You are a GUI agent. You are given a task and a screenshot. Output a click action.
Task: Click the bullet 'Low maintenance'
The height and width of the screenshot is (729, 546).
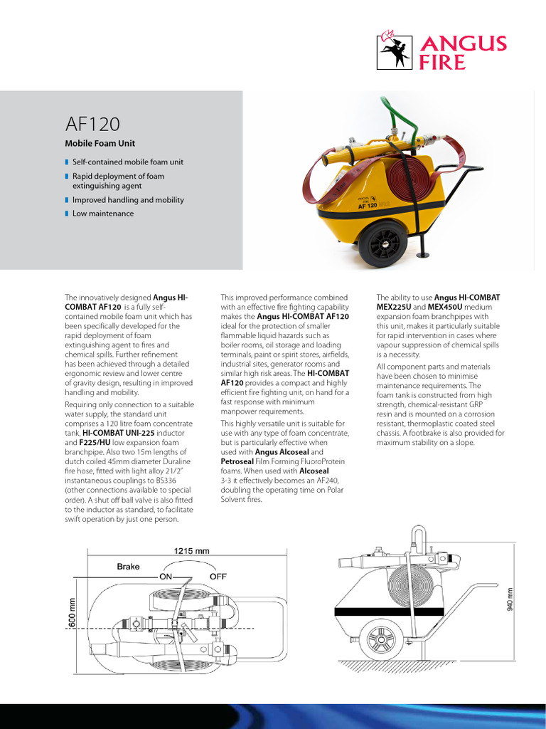pyautogui.click(x=102, y=214)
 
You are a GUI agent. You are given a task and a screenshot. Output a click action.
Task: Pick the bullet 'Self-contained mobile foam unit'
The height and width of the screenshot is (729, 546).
pyautogui.click(x=127, y=162)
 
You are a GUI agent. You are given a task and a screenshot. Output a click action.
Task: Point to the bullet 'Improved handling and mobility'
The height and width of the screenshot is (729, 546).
pyautogui.click(x=127, y=200)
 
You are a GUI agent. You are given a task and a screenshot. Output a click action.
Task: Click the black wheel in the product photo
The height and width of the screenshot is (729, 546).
pyautogui.click(x=382, y=243)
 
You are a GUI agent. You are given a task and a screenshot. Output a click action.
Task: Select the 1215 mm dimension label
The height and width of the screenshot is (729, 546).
pyautogui.click(x=191, y=550)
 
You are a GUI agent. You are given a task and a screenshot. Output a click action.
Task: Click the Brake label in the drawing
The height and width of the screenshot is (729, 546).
pyautogui.click(x=129, y=567)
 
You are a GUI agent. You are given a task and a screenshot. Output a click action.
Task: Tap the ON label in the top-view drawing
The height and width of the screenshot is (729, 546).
pyautogui.click(x=167, y=576)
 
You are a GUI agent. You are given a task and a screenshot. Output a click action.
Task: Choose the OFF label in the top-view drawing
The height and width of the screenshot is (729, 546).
pyautogui.click(x=218, y=576)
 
